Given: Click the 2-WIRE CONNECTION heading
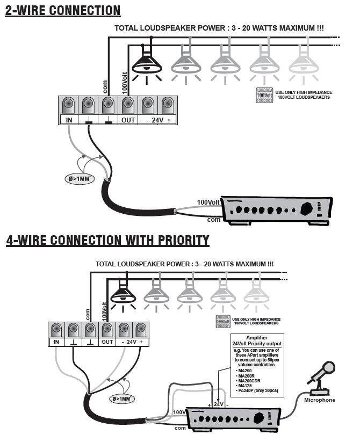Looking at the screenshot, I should (63, 10).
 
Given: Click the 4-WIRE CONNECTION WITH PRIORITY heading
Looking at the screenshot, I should (107, 240).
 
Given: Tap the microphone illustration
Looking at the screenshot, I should (322, 376).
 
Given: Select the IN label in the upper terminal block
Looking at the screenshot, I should (69, 120).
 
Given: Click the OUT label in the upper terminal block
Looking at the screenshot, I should (128, 120).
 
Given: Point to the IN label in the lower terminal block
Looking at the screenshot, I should (56, 342).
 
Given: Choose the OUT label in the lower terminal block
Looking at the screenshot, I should (107, 342).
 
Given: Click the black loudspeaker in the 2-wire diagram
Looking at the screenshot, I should (147, 64).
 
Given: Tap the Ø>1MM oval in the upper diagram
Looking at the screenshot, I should (76, 178).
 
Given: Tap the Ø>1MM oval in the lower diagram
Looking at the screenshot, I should (123, 399).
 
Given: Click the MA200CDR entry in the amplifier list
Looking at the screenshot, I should (248, 381).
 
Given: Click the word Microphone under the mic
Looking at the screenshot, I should (320, 400).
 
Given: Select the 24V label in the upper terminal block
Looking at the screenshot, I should (157, 120).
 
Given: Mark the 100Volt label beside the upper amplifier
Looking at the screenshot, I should (209, 202).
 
